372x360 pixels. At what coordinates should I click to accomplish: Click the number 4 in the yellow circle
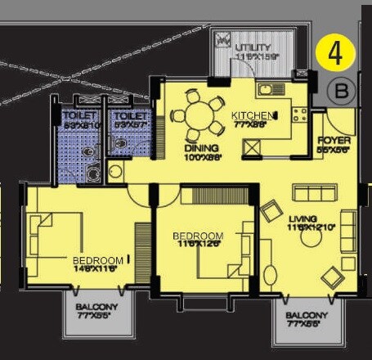click(x=335, y=54)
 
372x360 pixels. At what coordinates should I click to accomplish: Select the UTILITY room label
click(x=251, y=47)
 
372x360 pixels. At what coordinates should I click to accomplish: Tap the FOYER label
click(x=334, y=141)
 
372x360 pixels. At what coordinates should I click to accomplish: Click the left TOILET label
click(x=80, y=116)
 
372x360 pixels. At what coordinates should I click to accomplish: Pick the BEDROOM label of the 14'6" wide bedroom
click(x=97, y=260)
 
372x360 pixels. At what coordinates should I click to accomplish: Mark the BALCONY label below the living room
click(x=307, y=315)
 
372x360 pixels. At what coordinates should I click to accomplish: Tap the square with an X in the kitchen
click(x=252, y=149)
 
